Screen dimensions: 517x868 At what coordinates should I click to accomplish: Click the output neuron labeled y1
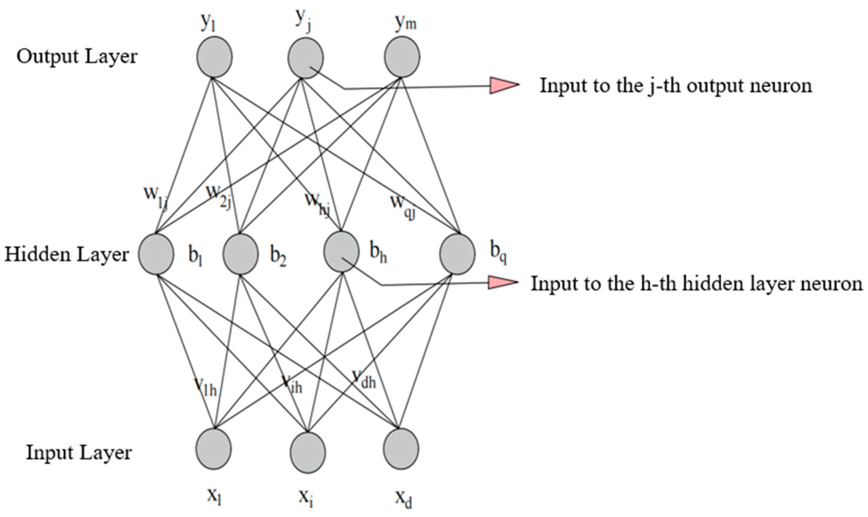click(x=214, y=57)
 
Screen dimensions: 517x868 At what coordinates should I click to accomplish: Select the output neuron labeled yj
click(x=306, y=58)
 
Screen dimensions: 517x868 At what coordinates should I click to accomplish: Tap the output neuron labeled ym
click(x=402, y=57)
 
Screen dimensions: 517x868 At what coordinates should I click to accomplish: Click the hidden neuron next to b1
click(x=156, y=254)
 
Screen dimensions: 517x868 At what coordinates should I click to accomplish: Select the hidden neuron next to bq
click(x=457, y=254)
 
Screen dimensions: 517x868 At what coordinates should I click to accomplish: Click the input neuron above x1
click(x=214, y=449)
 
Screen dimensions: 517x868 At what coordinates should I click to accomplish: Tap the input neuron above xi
click(x=308, y=452)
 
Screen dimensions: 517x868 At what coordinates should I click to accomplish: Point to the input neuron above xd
click(x=401, y=449)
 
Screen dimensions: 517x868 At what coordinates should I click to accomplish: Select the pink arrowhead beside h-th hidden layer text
click(x=502, y=283)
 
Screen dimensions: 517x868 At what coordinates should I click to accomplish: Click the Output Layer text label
click(x=77, y=57)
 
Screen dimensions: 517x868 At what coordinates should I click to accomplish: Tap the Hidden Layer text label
click(x=66, y=255)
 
